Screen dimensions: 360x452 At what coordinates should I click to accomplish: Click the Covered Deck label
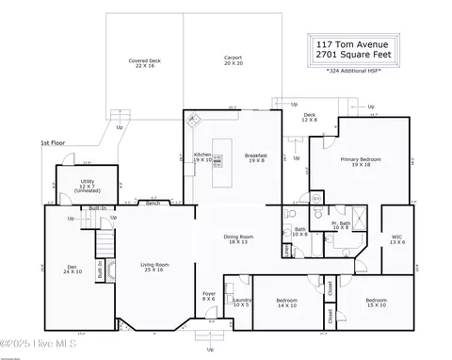(x=144, y=62)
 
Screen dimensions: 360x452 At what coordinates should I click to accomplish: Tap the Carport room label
(x=233, y=59)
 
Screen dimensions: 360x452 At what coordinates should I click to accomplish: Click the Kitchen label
(x=202, y=157)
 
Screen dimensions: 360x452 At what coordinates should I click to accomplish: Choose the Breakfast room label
(x=255, y=157)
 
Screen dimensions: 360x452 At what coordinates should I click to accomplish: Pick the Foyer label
(x=209, y=297)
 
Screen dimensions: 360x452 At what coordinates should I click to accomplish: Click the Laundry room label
(x=241, y=303)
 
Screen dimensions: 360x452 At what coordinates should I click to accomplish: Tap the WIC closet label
(x=397, y=239)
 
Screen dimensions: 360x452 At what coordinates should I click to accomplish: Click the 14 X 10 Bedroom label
(x=286, y=303)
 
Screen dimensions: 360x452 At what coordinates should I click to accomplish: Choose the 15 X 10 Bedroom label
(x=376, y=303)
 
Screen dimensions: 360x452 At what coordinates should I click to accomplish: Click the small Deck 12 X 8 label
(x=310, y=118)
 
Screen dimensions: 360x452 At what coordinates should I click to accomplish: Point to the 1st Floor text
(x=53, y=143)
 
